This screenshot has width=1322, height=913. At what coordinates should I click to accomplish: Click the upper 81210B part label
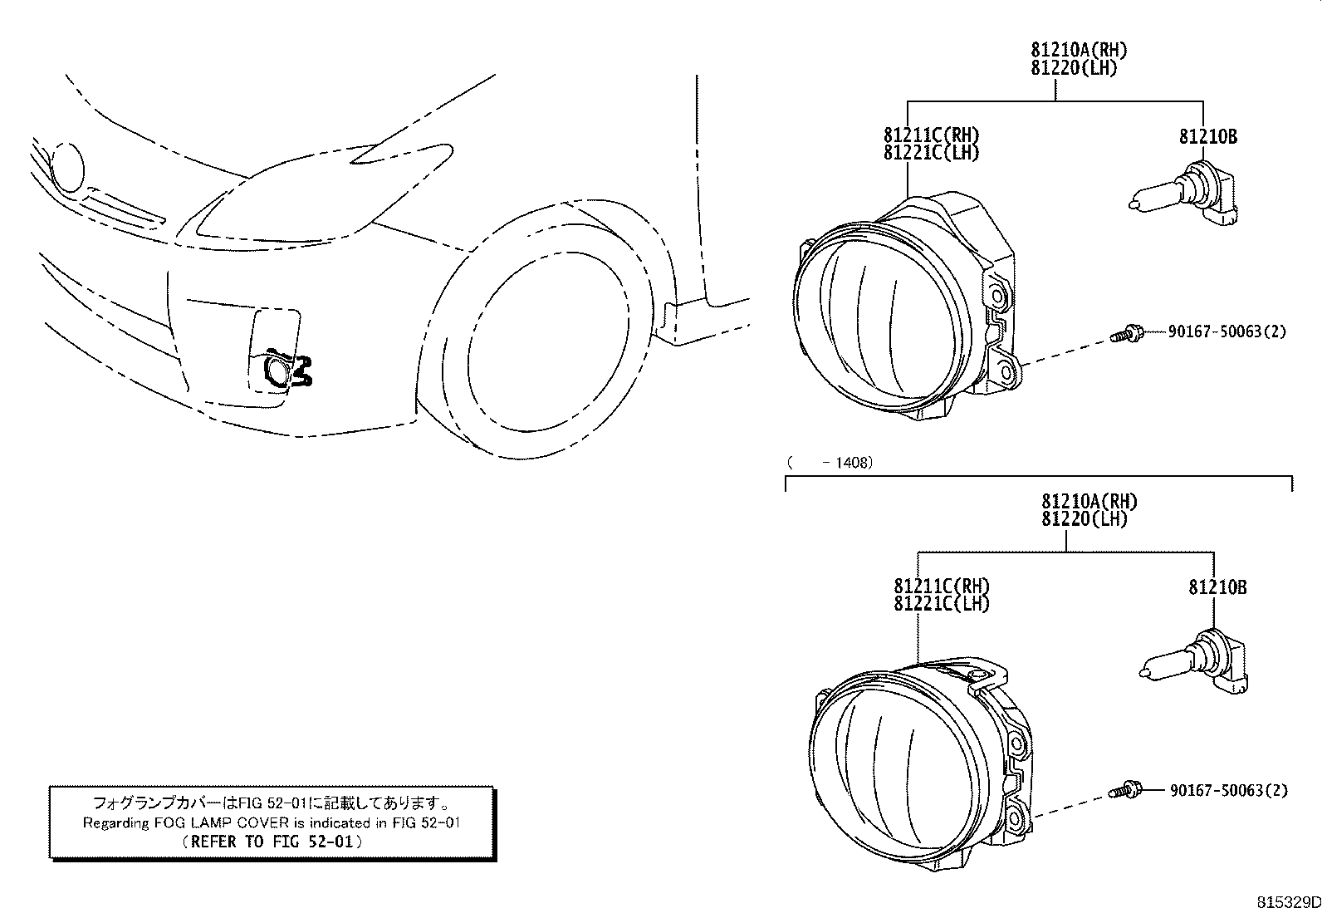tap(1208, 137)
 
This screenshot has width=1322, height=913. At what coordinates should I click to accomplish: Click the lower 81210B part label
tap(1217, 587)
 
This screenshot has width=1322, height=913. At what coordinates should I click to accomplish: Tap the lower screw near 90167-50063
tap(1125, 790)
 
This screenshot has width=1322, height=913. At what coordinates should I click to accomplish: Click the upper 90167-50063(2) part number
tap(1227, 332)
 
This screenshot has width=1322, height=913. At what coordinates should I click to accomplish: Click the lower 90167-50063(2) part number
tap(1229, 790)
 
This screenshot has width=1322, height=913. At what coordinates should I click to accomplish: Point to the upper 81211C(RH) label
tap(932, 135)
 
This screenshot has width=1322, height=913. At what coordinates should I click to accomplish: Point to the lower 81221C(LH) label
tap(942, 604)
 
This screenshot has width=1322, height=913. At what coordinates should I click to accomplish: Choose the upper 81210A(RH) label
tap(1079, 50)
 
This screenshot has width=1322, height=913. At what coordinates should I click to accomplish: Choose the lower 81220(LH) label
tap(1085, 519)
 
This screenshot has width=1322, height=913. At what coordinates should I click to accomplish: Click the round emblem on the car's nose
tap(67, 168)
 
